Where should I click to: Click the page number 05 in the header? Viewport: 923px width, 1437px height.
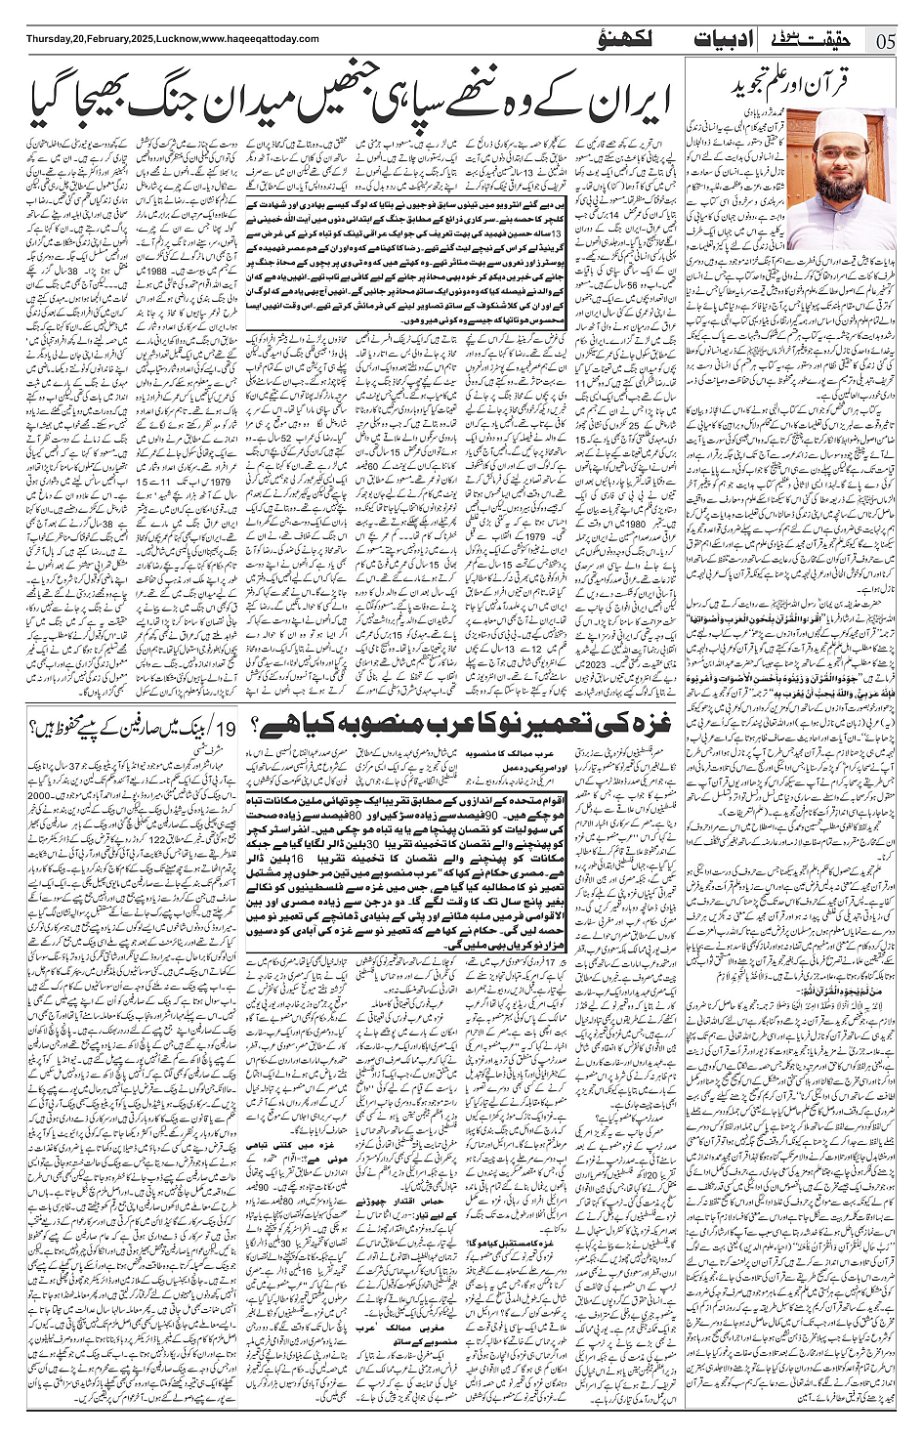click(x=887, y=41)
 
